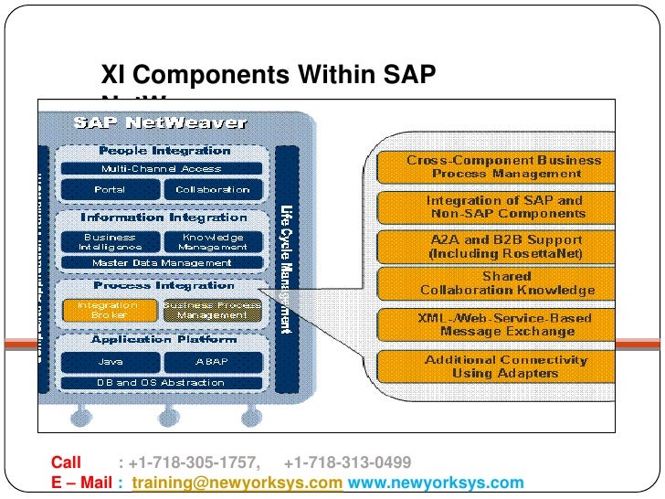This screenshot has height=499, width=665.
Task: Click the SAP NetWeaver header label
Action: pos(161,122)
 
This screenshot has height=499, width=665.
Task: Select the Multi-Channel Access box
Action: pos(161,169)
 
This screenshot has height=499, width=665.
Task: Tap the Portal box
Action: pos(111,189)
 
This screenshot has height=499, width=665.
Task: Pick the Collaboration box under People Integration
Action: pos(213,189)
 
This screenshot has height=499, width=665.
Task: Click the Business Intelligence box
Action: pos(111,241)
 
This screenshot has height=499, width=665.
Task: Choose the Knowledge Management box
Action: pos(213,241)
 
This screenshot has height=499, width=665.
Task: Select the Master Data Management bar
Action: pos(161,263)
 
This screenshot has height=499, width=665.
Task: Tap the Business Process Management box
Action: pos(212,310)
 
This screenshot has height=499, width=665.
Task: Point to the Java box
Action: pos(111,361)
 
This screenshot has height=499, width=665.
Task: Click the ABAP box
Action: pos(213,361)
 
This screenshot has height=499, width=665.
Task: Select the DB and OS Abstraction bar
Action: pos(161,382)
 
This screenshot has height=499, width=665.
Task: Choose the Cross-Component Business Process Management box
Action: pos(504,166)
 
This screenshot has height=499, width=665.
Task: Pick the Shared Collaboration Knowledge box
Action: pos(504,283)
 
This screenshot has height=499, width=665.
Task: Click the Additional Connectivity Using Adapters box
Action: pos(504,366)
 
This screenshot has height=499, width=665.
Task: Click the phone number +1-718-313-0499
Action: pos(348,462)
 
